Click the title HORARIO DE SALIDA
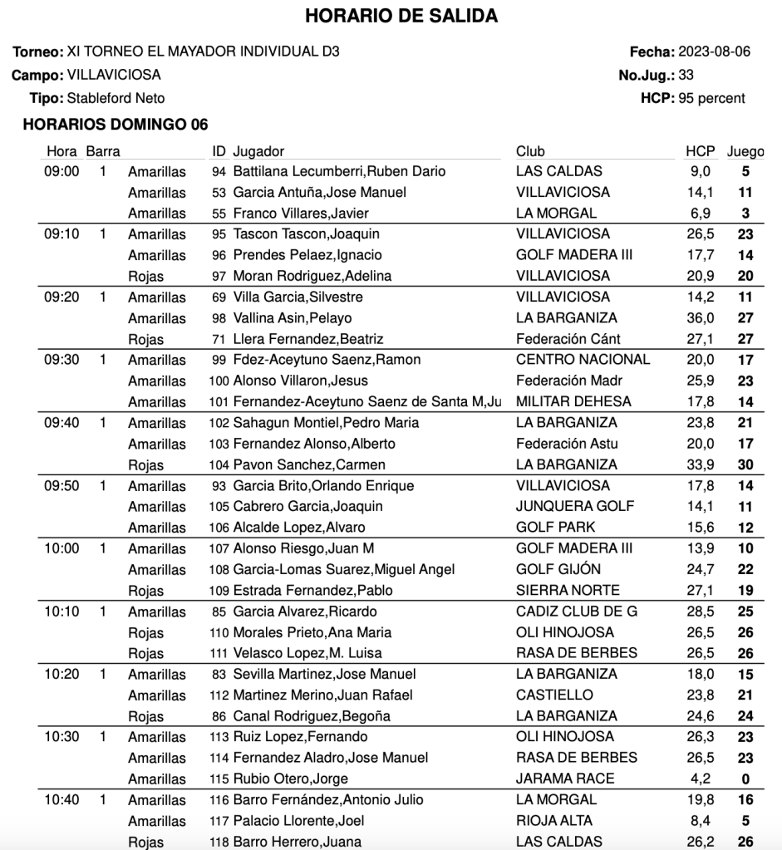point(390,17)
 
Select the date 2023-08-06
point(715,52)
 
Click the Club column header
point(530,151)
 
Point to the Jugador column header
point(258,151)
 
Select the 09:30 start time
point(61,360)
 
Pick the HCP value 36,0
point(699,318)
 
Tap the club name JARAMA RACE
point(565,779)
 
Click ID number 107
point(219,548)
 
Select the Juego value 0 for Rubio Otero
point(745,779)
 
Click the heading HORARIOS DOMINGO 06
point(116,125)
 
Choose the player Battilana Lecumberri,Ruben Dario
point(339,172)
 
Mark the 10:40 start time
point(61,799)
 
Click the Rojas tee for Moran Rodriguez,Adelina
point(146,277)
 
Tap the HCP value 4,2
point(703,779)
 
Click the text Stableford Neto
point(104,98)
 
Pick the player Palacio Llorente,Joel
point(299,821)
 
